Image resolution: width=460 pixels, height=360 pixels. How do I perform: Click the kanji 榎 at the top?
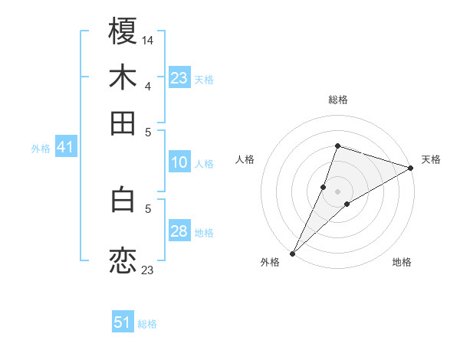point(123,33)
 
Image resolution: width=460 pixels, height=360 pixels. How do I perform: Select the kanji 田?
point(123,123)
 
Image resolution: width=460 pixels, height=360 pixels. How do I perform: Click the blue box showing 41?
point(65,148)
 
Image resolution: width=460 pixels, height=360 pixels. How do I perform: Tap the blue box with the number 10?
point(179,162)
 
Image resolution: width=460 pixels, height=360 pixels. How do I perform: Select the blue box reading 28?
point(179,232)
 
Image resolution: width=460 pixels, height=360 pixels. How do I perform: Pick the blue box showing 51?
point(123,322)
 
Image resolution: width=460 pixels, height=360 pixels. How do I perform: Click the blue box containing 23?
point(179,78)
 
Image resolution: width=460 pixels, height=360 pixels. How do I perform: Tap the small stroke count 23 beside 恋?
point(148,270)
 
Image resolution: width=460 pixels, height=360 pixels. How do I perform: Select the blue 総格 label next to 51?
point(147,324)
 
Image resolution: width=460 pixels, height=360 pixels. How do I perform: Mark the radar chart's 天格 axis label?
point(431,160)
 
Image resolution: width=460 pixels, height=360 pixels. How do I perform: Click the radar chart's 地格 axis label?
point(402,262)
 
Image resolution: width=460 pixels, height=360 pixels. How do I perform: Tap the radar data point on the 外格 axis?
point(292,253)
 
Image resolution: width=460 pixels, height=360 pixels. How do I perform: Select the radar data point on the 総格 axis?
point(337,146)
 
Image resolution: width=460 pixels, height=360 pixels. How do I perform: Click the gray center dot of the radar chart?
point(337,191)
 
